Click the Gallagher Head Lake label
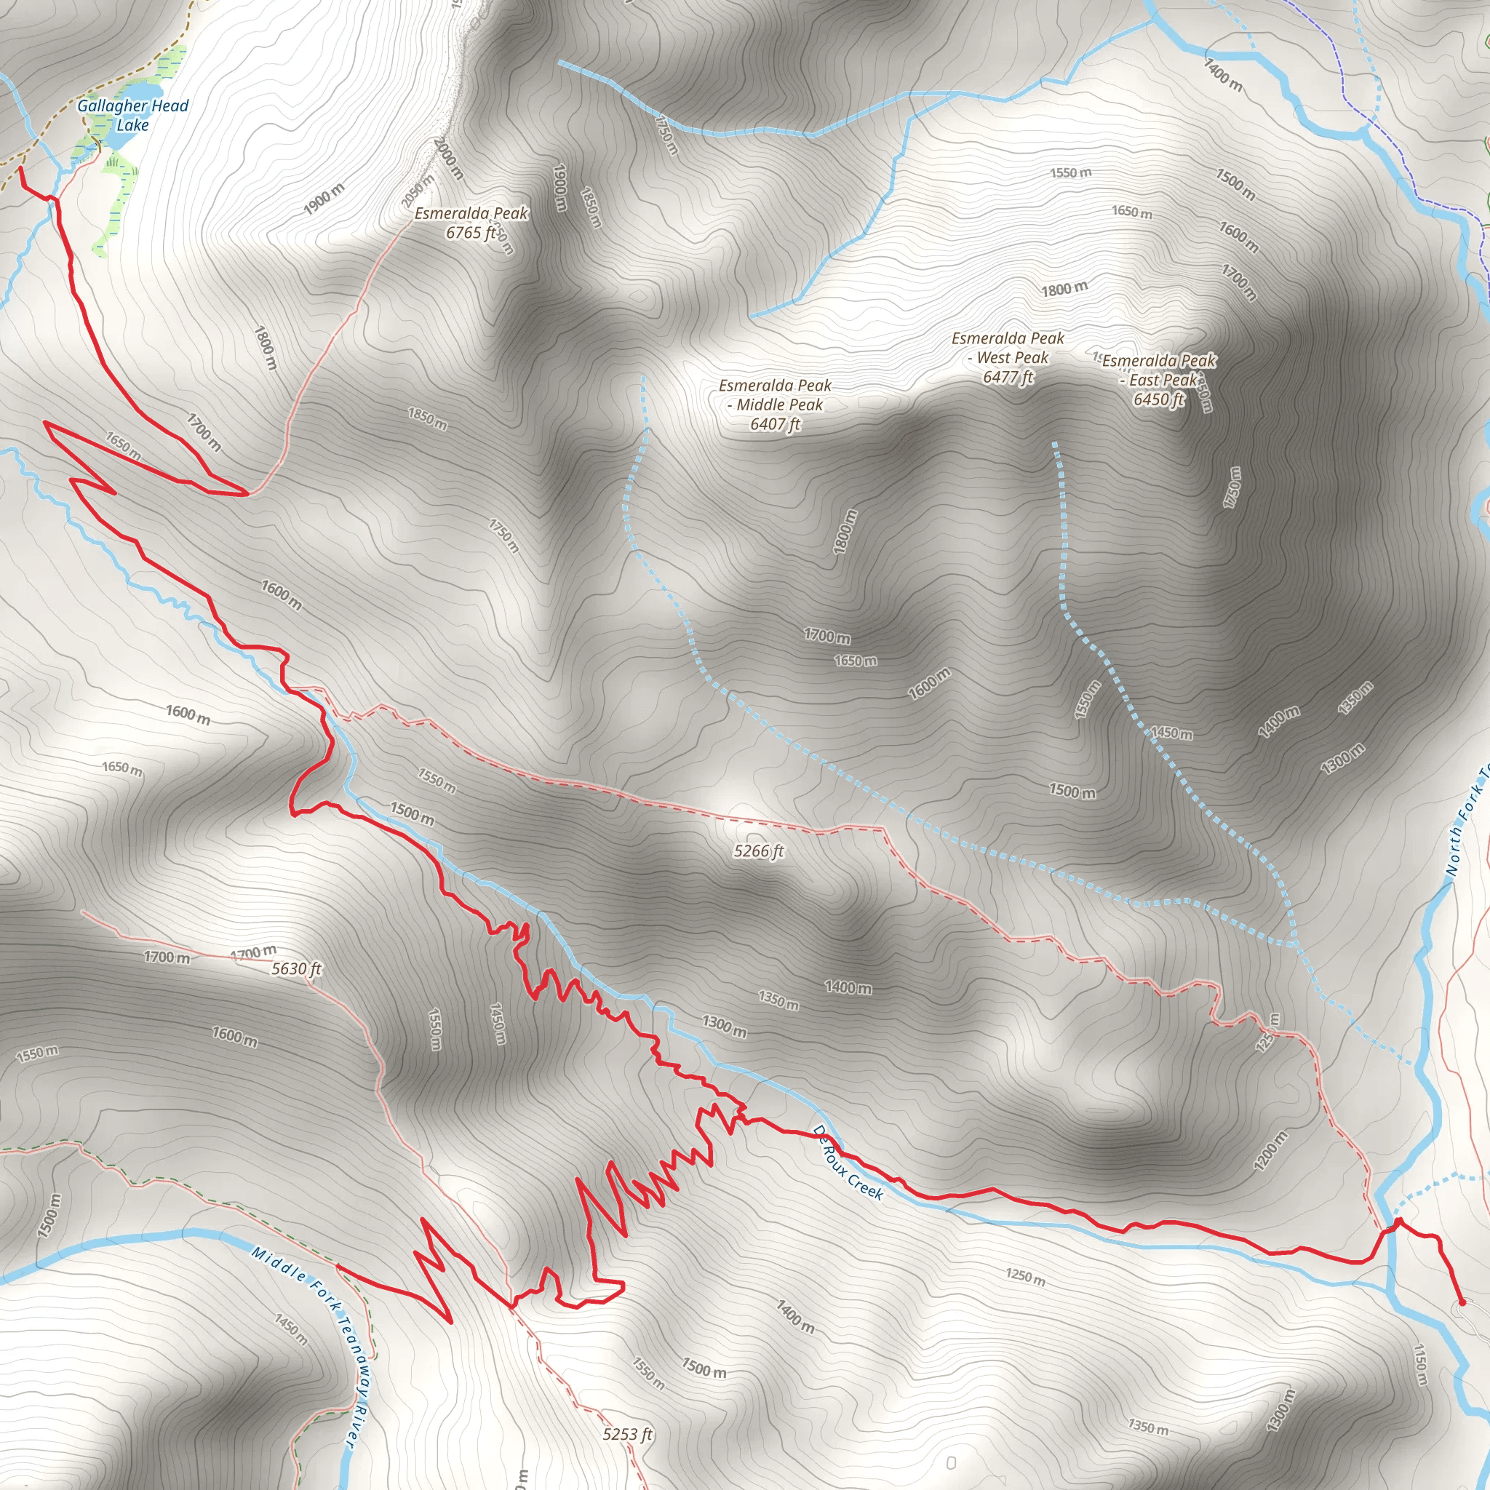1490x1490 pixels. point(132,115)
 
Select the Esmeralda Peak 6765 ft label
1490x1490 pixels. point(471,223)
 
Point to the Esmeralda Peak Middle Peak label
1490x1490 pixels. point(775,404)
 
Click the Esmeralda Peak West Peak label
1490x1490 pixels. point(1007,357)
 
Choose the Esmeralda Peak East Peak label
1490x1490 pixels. point(1158,380)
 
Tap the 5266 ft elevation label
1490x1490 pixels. point(758,850)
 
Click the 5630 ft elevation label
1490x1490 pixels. point(296,968)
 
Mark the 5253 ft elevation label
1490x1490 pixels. point(627,1434)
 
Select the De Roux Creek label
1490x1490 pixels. point(848,1162)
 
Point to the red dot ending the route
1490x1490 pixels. point(1461,1302)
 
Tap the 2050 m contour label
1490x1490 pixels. point(417,191)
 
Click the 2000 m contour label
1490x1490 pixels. point(448,158)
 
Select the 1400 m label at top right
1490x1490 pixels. point(1223,75)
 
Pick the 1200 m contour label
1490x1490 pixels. point(1270,1151)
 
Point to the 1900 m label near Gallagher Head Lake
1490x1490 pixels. point(324,199)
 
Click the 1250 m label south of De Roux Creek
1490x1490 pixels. point(1025,1276)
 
